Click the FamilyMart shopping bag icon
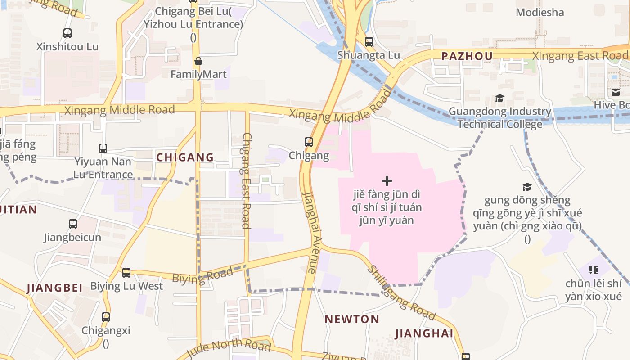[198, 61]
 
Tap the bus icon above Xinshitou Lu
[67, 33]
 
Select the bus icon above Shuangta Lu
[369, 42]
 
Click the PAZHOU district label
[467, 56]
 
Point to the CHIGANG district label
[185, 157]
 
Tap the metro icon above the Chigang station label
[309, 142]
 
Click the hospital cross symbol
[387, 181]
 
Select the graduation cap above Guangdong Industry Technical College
[499, 98]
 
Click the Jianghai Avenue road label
[310, 232]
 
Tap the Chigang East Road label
[246, 180]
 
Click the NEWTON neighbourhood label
[352, 319]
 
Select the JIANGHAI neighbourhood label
[424, 333]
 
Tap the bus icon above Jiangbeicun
[72, 224]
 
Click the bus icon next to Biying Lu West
[126, 272]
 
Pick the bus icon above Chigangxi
[106, 317]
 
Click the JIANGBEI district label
[54, 288]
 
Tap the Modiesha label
[540, 13]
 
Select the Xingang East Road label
[580, 56]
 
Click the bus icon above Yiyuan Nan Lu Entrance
[103, 148]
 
